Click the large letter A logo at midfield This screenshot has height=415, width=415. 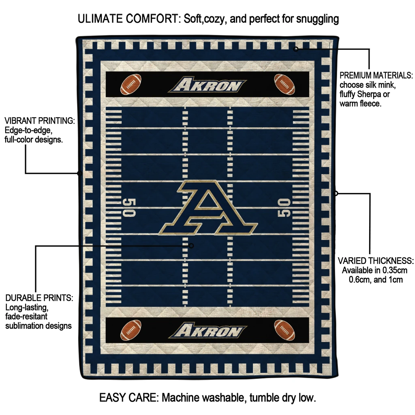click(208, 207)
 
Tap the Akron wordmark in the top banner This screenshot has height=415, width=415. click(207, 84)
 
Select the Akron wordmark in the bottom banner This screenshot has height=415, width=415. click(208, 330)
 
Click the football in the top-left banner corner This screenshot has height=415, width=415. click(131, 84)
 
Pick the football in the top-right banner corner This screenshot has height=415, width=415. click(284, 84)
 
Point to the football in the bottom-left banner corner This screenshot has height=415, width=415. click(131, 330)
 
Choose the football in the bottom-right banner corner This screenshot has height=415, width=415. click(284, 330)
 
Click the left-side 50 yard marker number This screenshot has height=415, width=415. click(129, 207)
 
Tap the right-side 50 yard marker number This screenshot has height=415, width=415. click(284, 207)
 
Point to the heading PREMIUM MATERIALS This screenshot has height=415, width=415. click(376, 75)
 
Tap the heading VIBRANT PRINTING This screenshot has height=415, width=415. click(40, 121)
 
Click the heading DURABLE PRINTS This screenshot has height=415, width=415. click(39, 298)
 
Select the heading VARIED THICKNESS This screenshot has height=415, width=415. click(376, 261)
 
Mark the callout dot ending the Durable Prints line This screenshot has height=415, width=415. click(191, 246)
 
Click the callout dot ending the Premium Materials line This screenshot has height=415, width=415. click(296, 49)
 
